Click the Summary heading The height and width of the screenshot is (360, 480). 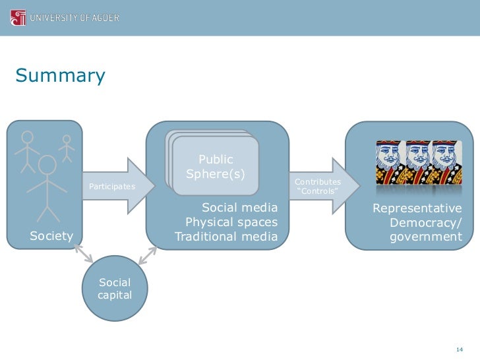60,76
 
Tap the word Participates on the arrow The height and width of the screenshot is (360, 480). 111,187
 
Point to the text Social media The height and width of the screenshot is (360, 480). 239,208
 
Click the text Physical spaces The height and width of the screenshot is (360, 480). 231,222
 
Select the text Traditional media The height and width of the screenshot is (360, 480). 226,236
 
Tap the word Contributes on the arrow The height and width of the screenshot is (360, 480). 318,182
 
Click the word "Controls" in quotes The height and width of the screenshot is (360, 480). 318,192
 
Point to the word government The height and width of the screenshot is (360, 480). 426,236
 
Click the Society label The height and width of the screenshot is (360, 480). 51,236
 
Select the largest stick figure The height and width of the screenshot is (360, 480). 47,188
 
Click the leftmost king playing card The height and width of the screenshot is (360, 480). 389,162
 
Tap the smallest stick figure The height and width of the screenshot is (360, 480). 66,148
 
